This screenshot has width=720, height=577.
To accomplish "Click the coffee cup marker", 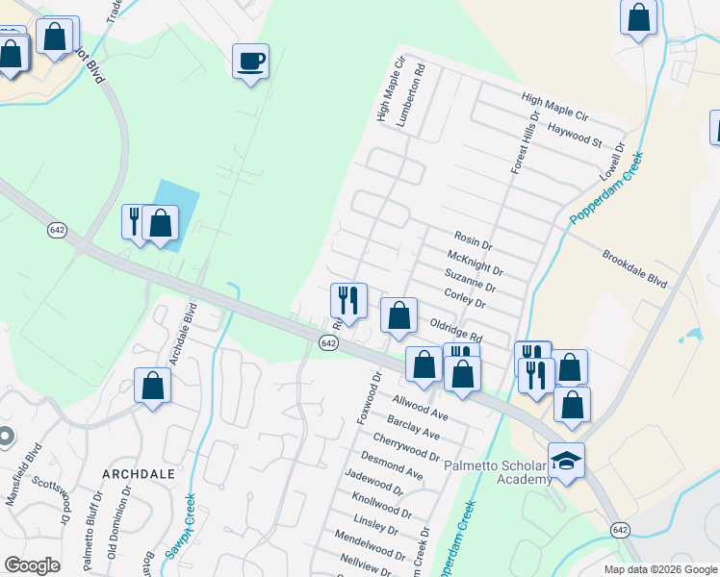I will (251, 63).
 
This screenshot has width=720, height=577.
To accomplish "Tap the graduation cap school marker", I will (567, 461).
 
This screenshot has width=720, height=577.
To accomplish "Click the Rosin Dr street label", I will (473, 238).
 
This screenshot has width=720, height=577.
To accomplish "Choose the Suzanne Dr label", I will (470, 281).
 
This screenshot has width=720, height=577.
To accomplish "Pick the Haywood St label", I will (574, 134).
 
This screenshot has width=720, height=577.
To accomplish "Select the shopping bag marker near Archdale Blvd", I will (152, 387).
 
